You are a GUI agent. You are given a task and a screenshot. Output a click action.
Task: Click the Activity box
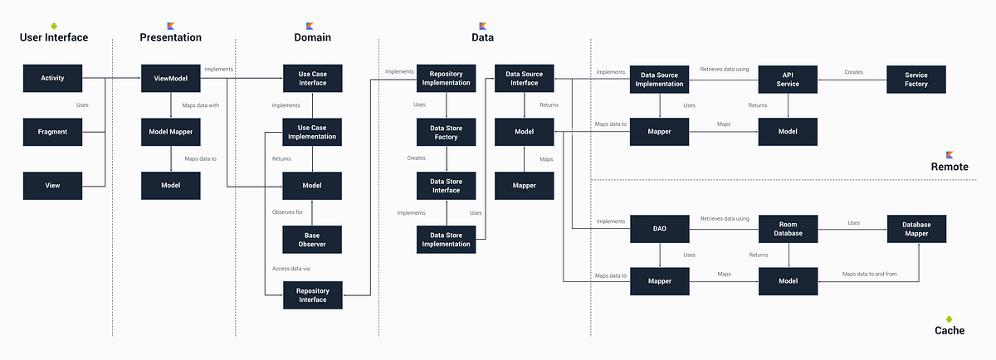pyautogui.click(x=53, y=79)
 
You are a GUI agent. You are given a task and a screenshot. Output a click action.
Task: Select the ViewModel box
pyautogui.click(x=170, y=79)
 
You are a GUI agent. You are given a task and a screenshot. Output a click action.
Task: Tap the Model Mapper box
pyautogui.click(x=170, y=132)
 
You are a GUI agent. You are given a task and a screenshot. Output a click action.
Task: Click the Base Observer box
pyautogui.click(x=313, y=240)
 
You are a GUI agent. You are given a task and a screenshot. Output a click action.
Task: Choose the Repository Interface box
pyautogui.click(x=313, y=294)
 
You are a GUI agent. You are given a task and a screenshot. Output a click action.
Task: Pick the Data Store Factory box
pyautogui.click(x=447, y=132)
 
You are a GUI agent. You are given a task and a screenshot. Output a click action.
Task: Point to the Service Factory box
pyautogui.click(x=916, y=79)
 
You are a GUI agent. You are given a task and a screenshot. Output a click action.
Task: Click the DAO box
pyautogui.click(x=660, y=228)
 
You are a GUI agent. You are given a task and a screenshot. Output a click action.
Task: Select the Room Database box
pyautogui.click(x=788, y=228)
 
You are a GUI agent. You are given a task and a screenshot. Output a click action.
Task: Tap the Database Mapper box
pyautogui.click(x=916, y=228)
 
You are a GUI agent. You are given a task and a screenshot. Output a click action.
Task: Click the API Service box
pyautogui.click(x=788, y=79)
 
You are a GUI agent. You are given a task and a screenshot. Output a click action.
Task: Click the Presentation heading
pyautogui.click(x=170, y=37)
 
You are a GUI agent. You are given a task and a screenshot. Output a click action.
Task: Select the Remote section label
pyautogui.click(x=950, y=167)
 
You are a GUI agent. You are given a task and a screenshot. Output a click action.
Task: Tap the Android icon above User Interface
pyautogui.click(x=54, y=26)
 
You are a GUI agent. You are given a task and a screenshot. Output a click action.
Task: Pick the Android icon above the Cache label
pyautogui.click(x=950, y=319)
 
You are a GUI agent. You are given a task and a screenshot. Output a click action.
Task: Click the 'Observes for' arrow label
pyautogui.click(x=289, y=212)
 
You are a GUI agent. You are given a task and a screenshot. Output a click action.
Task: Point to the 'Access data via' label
pyautogui.click(x=290, y=268)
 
